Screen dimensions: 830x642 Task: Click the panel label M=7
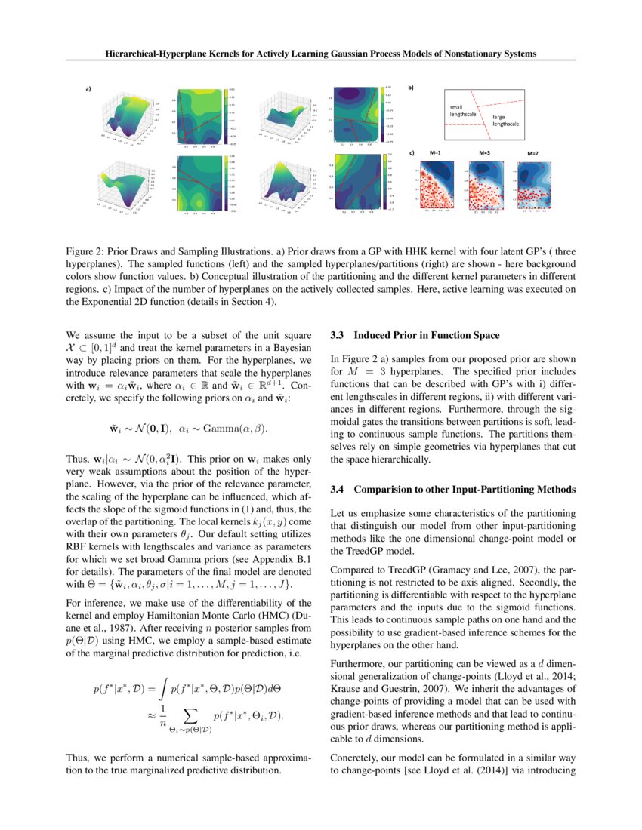pos(533,153)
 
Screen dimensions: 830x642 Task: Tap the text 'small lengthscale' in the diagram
pos(463,110)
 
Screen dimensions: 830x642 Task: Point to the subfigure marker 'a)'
pos(88,89)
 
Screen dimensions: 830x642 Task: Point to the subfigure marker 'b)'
pos(412,88)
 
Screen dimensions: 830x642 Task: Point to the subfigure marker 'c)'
pos(412,153)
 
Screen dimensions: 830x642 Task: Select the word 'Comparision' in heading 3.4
pos(384,490)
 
